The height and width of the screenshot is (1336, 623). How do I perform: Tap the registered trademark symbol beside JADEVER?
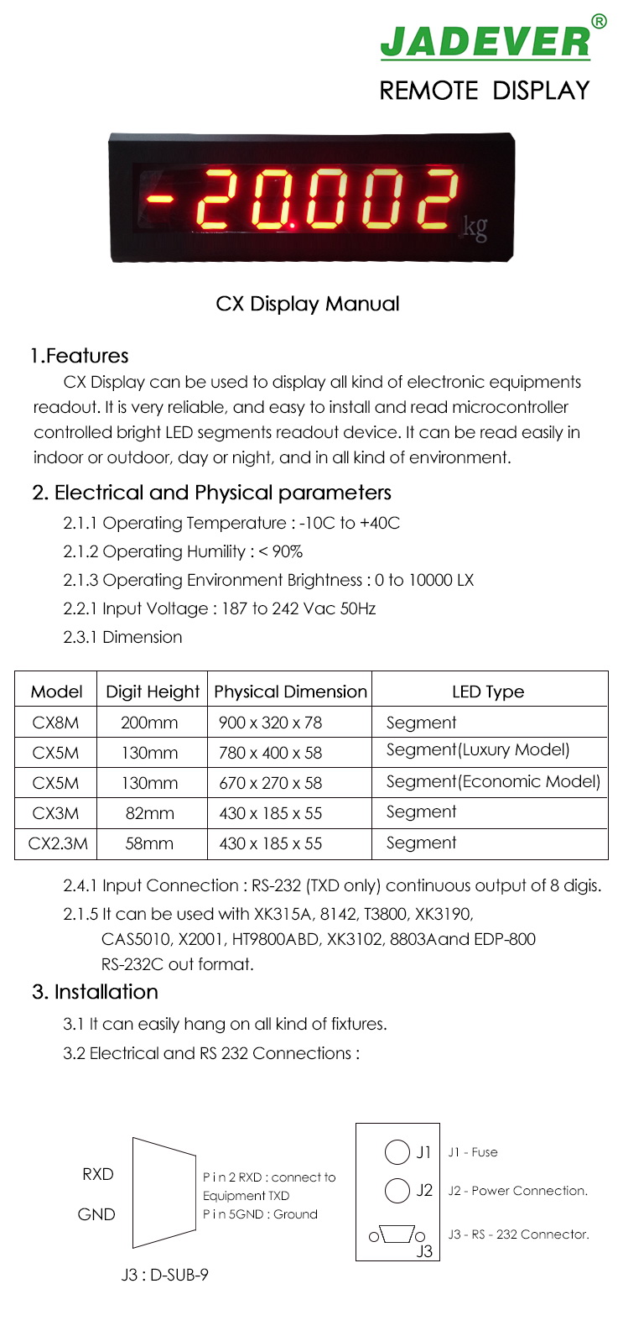click(599, 22)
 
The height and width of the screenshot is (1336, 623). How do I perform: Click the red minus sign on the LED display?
click(159, 200)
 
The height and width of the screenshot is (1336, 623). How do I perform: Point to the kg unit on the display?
click(475, 227)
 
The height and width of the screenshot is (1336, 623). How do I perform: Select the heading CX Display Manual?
click(308, 304)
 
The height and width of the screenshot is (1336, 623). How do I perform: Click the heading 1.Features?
click(80, 356)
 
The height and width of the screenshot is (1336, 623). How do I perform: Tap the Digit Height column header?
click(153, 691)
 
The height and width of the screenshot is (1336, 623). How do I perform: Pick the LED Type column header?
click(488, 691)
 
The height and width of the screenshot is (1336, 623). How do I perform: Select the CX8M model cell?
click(55, 723)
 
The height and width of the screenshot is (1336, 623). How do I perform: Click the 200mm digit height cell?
click(149, 723)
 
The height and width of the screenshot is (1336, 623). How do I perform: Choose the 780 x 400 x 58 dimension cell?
click(270, 753)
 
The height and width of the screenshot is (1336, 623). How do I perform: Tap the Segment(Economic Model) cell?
click(493, 782)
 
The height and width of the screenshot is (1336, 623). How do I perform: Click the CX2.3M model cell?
click(58, 843)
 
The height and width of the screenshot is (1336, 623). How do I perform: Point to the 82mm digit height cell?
click(149, 813)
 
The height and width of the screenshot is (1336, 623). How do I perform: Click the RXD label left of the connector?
click(98, 1174)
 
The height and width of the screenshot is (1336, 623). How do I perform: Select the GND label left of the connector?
click(96, 1214)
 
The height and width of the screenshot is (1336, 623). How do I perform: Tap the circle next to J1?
click(397, 1152)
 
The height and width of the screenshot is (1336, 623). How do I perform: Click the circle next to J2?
click(397, 1190)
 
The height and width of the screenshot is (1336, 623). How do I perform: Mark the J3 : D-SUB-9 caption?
click(164, 1275)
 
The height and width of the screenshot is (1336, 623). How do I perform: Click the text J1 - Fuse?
click(473, 1152)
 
